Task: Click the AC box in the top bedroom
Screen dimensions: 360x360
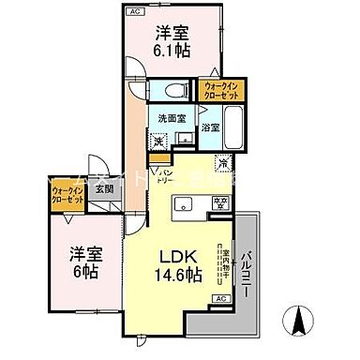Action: [x=135, y=11]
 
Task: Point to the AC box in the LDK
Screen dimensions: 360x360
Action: [x=221, y=297]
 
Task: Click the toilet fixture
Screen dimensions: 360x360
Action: [x=172, y=91]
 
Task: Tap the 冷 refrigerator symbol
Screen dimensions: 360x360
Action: [x=223, y=161]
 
